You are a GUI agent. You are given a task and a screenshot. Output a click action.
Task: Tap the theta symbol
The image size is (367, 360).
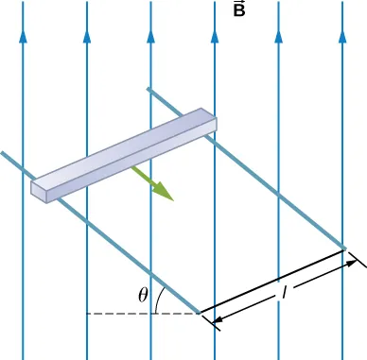click(x=143, y=294)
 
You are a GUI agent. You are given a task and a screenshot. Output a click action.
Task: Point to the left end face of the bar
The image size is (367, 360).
click(x=39, y=189)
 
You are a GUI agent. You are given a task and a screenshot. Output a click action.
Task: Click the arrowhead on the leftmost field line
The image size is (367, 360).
click(x=23, y=39)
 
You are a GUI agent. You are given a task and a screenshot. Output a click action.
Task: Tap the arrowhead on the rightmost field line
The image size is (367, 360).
click(x=342, y=39)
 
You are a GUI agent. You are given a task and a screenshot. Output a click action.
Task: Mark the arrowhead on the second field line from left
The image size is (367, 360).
click(x=87, y=39)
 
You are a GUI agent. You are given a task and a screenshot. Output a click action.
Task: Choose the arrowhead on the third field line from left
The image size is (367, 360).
click(x=150, y=39)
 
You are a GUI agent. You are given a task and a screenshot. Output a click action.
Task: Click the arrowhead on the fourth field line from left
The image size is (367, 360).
click(x=215, y=39)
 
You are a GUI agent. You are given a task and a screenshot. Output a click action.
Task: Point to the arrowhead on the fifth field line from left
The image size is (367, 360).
click(x=278, y=39)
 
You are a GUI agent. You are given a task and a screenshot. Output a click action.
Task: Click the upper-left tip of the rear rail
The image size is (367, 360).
click(x=149, y=90)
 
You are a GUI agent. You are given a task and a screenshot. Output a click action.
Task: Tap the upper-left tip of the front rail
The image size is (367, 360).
click(x=3, y=153)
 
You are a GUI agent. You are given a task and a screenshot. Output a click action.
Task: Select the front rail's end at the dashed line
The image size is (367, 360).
click(x=199, y=311)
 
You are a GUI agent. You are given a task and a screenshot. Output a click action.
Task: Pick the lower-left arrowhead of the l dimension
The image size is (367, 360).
click(x=219, y=323)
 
